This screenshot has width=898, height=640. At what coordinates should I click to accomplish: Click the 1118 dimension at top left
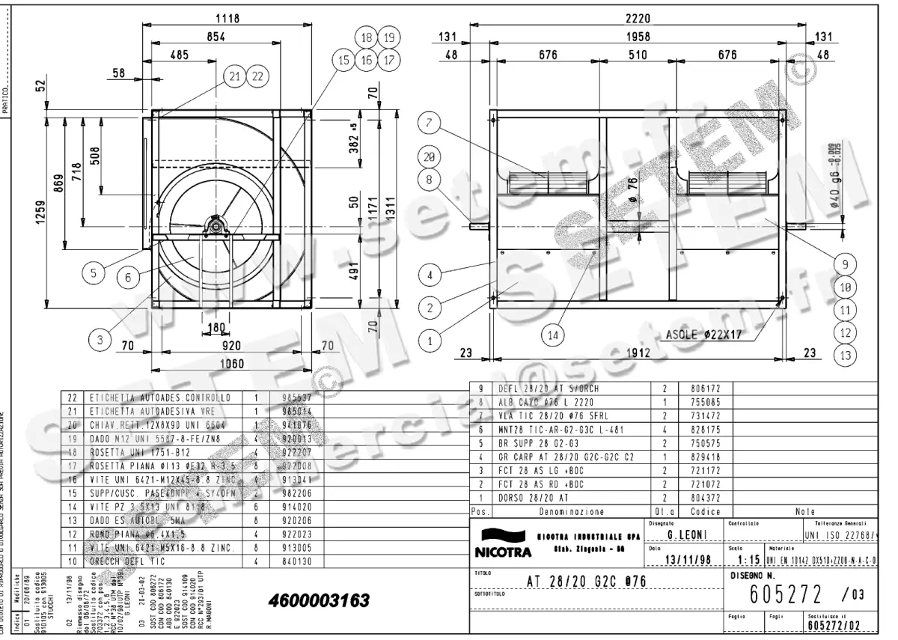(x=227, y=19)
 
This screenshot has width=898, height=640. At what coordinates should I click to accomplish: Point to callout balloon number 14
(x=552, y=336)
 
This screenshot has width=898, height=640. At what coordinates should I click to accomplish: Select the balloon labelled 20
(x=429, y=157)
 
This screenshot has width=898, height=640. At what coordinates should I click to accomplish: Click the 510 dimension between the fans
(x=638, y=55)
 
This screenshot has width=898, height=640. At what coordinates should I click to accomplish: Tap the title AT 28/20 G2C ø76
(x=586, y=582)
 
